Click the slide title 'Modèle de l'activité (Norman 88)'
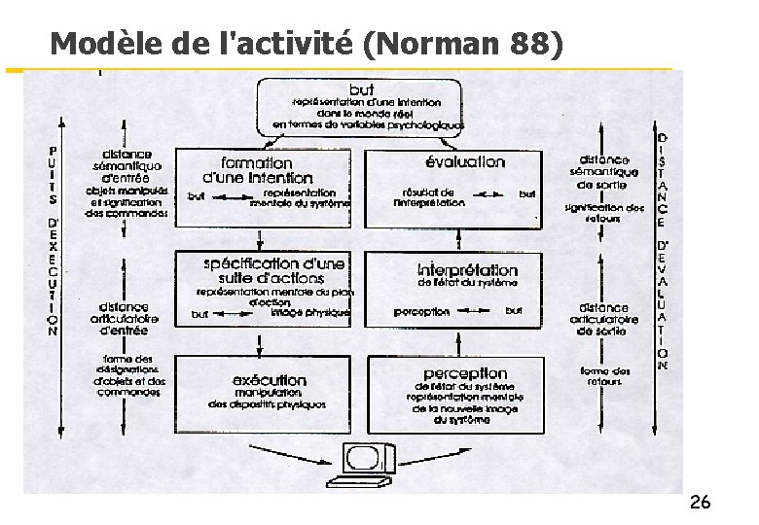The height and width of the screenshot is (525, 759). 306,43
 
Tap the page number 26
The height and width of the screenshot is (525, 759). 699,503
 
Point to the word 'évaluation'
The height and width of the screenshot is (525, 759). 465,162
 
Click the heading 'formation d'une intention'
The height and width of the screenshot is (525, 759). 257,170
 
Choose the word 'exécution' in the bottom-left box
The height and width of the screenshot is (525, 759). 270,380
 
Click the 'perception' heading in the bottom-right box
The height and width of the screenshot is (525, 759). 465,373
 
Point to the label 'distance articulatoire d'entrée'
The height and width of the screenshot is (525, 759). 124,318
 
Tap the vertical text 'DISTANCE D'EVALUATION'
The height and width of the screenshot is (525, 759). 662,252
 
